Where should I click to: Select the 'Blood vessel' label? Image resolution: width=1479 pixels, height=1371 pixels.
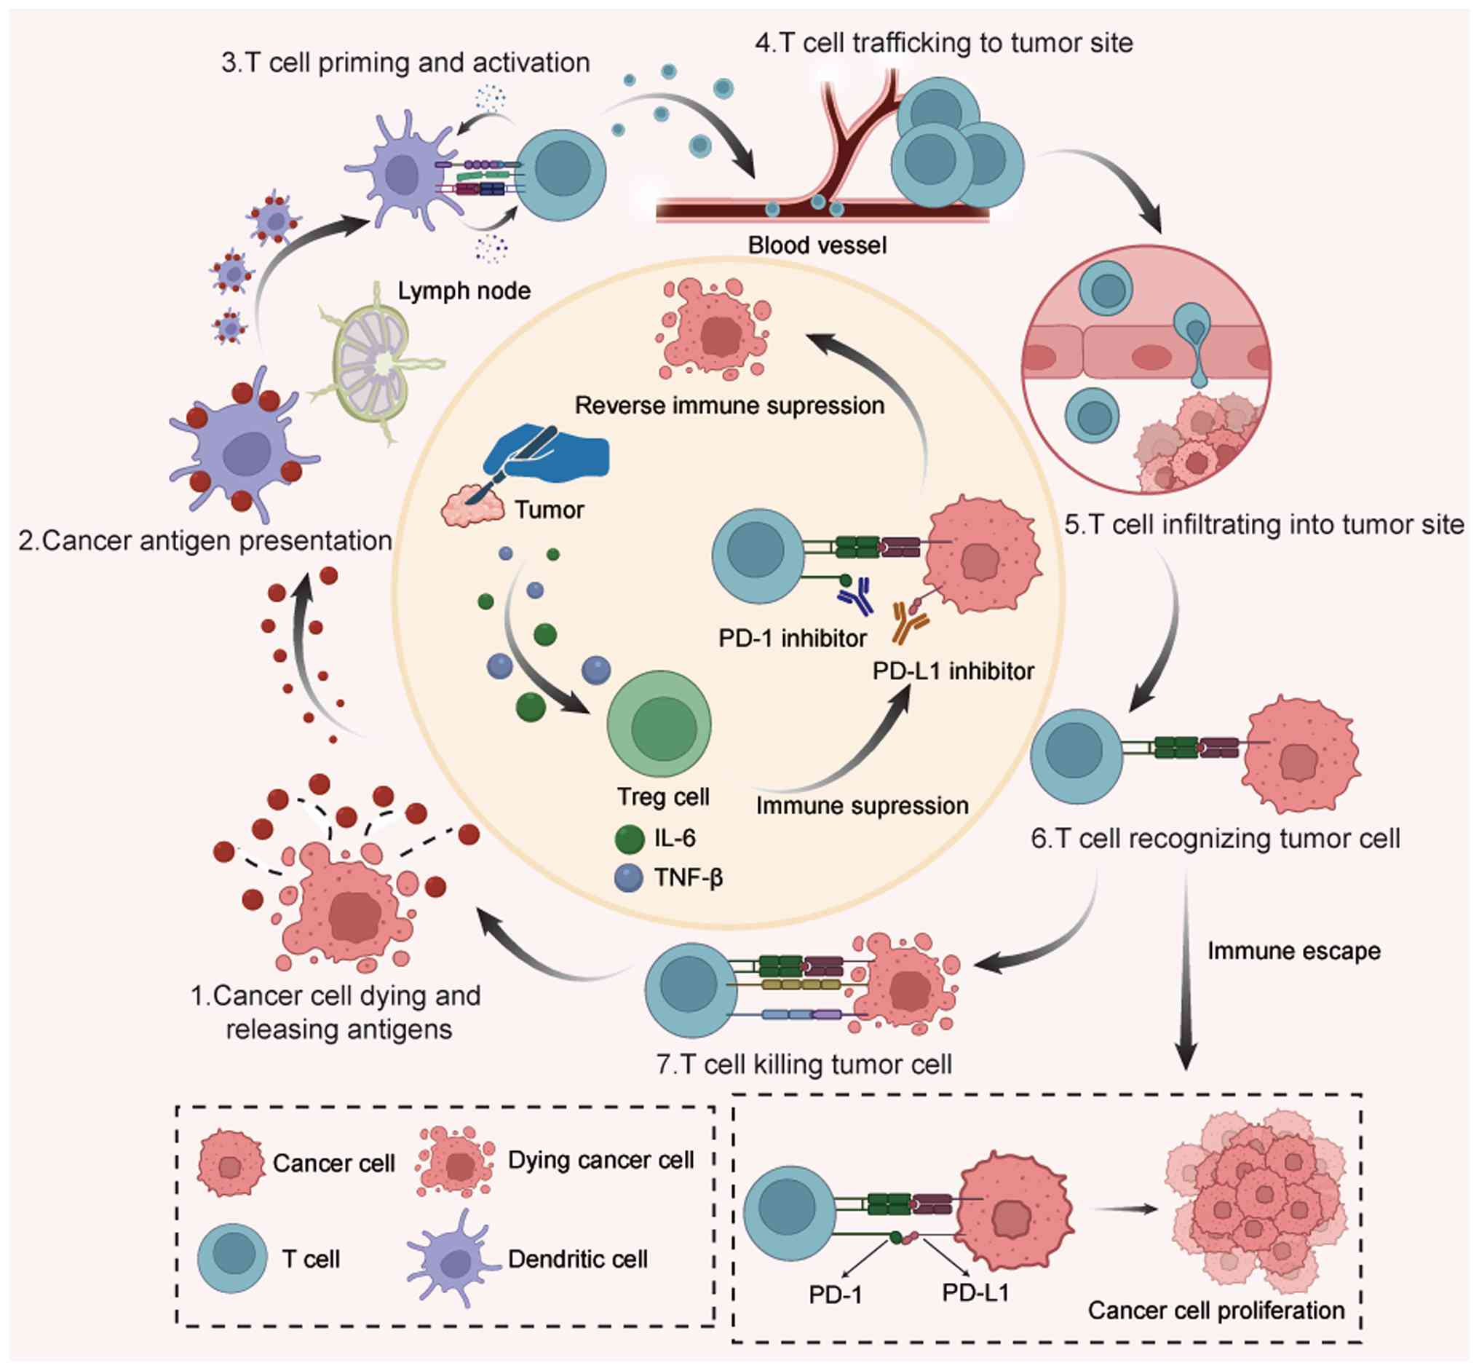(817, 245)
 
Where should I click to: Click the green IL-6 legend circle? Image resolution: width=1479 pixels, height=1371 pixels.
(629, 839)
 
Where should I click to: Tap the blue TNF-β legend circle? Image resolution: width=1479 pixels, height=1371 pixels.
(629, 878)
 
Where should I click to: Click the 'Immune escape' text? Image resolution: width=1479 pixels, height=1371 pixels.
(1293, 951)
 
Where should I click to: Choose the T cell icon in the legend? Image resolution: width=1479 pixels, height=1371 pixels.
(232, 1258)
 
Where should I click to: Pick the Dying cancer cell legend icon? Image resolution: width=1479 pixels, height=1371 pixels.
(455, 1162)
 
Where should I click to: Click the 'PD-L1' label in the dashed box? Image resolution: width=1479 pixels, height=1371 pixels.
(975, 1292)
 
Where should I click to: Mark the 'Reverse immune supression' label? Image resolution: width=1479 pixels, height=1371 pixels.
(729, 406)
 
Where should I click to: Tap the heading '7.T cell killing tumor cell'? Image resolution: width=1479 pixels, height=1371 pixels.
(804, 1064)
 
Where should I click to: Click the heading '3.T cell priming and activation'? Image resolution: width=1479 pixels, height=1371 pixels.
(405, 63)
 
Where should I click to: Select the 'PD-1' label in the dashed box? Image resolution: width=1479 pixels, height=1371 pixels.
(835, 1295)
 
